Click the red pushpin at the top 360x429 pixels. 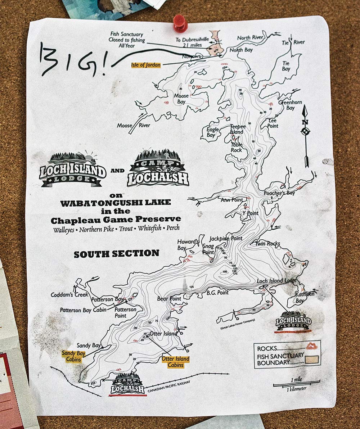tap(180, 22)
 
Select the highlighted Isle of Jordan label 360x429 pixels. tap(145, 65)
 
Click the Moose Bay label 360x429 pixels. tap(181, 99)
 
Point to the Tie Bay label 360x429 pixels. tap(286, 66)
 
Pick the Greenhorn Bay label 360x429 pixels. tap(290, 105)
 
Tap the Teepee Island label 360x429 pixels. tap(238, 129)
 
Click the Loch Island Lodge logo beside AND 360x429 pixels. tap(73, 169)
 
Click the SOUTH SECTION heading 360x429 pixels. tap(116, 253)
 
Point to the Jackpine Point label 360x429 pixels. tap(226, 238)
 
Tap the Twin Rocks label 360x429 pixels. tap(267, 244)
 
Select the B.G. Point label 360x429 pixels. tap(217, 293)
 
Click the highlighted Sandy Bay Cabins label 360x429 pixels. tap(73, 356)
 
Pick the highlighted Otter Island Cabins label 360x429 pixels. tap(175, 362)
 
